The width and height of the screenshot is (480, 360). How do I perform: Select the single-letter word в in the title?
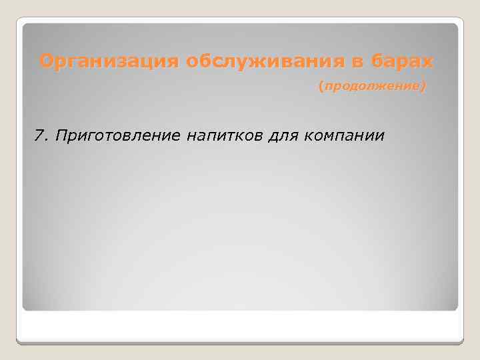pos(358,62)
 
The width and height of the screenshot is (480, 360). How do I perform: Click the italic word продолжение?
pos(373,87)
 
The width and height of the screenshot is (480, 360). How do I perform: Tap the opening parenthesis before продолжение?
pos(321,87)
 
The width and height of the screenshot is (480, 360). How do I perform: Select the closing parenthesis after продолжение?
pos(424,87)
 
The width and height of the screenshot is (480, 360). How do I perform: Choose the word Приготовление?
pos(119,136)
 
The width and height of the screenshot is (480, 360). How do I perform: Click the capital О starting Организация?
pos(46,62)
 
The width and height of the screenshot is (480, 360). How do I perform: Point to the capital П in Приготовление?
pos(61,136)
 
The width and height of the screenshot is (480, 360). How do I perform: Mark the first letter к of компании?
pos(308,137)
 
